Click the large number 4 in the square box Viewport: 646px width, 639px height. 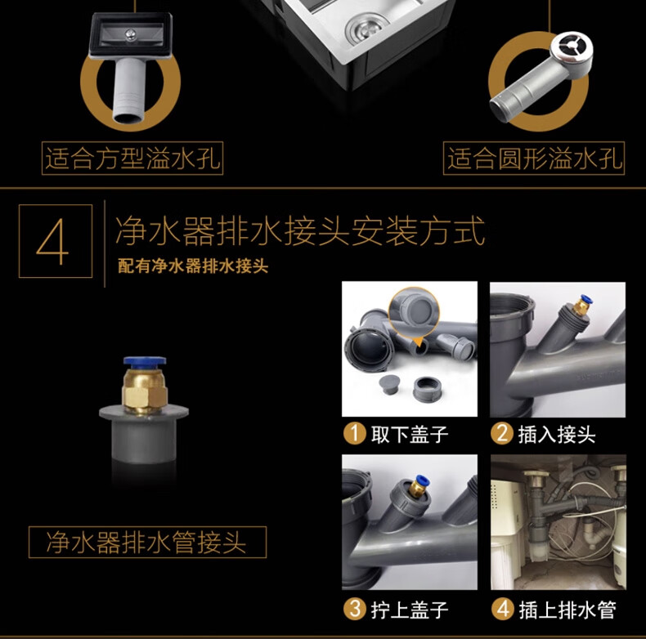click(x=52, y=241)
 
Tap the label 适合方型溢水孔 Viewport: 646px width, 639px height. click(x=132, y=158)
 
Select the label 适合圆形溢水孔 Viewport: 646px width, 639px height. click(x=534, y=158)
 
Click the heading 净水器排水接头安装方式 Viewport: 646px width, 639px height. click(x=300, y=230)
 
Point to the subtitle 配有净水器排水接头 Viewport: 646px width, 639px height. click(x=193, y=266)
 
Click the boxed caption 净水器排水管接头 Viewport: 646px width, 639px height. click(x=146, y=542)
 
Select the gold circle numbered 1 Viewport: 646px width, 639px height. click(x=355, y=434)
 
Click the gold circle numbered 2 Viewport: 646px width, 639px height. click(x=502, y=434)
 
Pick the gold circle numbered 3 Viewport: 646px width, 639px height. click(x=355, y=609)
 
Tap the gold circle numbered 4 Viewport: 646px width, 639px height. click(x=503, y=609)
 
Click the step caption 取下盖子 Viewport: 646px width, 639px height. click(x=410, y=435)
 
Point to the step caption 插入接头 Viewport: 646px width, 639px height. click(x=557, y=435)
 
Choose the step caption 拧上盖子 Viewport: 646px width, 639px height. click(x=410, y=610)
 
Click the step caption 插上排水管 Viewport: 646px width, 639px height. click(x=567, y=610)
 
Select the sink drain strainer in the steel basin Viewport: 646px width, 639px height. click(x=367, y=27)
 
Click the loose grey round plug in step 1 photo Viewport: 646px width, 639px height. click(x=389, y=384)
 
